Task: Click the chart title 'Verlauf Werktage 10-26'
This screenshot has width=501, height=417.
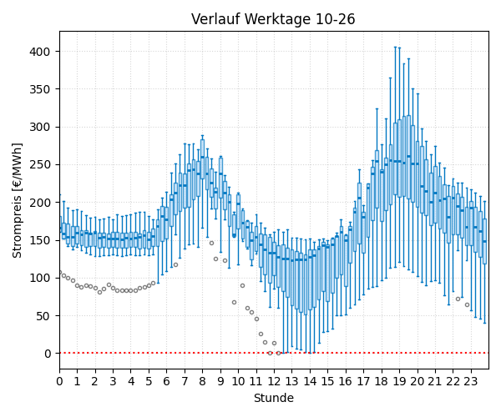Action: pyautogui.click(x=273, y=19)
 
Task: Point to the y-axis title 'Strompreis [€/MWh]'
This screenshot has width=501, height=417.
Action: pyautogui.click(x=17, y=201)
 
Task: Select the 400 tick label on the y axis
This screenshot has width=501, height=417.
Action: pyautogui.click(x=40, y=52)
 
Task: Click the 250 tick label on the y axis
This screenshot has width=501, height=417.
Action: pyautogui.click(x=40, y=165)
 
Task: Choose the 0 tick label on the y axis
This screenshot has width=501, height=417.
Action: pyautogui.click(x=48, y=354)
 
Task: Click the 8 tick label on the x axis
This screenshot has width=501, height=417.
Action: pyautogui.click(x=202, y=381)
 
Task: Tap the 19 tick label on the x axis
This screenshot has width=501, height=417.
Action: pyautogui.click(x=399, y=381)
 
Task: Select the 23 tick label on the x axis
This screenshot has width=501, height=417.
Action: pyautogui.click(x=471, y=381)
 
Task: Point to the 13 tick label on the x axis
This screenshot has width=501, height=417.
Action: pyautogui.click(x=291, y=381)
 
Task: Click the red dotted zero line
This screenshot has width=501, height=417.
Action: pyautogui.click(x=274, y=353)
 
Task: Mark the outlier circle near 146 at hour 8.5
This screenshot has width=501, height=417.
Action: pyautogui.click(x=211, y=244)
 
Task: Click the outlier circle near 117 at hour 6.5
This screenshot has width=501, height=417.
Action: pyautogui.click(x=175, y=265)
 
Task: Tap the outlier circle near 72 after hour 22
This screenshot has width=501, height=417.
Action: pyautogui.click(x=458, y=299)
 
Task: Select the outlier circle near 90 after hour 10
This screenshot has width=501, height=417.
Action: pyautogui.click(x=242, y=285)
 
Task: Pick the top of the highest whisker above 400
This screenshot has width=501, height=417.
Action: pyautogui.click(x=395, y=47)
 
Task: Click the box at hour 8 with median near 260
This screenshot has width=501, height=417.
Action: pyautogui.click(x=202, y=159)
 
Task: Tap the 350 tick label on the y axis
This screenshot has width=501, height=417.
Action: pyautogui.click(x=40, y=89)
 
